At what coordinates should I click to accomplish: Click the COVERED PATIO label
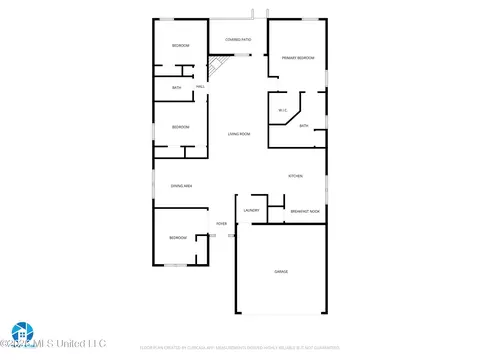click(x=237, y=40)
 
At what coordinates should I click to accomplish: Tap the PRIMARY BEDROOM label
click(x=297, y=59)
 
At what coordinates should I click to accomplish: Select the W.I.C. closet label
click(x=283, y=111)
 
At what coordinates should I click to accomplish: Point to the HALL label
click(x=201, y=87)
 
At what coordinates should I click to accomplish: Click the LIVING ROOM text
click(x=238, y=134)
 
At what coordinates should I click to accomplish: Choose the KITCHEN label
click(x=296, y=176)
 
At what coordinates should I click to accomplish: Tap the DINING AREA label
click(x=181, y=186)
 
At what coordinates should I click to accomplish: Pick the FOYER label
click(x=222, y=224)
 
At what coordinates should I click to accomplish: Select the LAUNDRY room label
click(x=251, y=210)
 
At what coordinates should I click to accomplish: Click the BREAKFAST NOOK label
click(x=305, y=211)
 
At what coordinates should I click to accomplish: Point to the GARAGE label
click(x=281, y=272)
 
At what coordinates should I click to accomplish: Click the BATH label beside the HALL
click(x=177, y=88)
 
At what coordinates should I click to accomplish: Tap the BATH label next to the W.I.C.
click(x=303, y=126)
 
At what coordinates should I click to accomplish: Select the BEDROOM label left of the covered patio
click(x=180, y=46)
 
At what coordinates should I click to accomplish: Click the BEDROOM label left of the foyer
click(x=178, y=237)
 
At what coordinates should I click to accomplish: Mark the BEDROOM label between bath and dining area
click(x=180, y=127)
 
